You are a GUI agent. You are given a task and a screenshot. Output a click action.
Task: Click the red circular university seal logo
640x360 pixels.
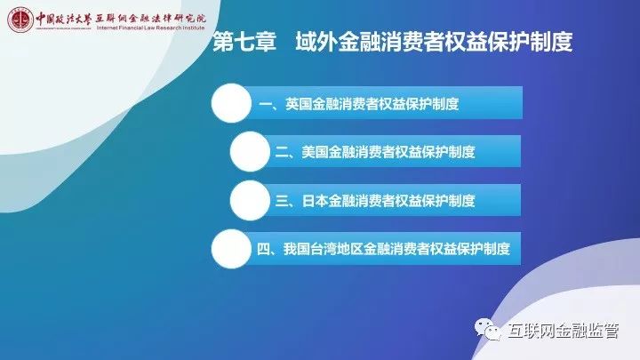tap(20, 20)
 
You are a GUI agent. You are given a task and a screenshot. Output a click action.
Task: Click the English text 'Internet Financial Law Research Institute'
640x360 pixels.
tap(150, 28)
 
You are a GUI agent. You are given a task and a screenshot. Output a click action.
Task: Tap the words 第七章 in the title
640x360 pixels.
tap(244, 42)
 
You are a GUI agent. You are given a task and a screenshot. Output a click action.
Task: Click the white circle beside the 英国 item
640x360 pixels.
tap(231, 103)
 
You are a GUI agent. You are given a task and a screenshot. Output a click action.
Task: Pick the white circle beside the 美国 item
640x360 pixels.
tap(250, 151)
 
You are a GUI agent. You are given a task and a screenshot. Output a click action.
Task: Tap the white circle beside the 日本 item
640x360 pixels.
tap(250, 200)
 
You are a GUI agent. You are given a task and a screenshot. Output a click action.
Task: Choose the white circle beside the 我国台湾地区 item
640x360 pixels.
tap(231, 249)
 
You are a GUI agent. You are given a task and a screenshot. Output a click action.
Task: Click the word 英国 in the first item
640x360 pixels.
tap(299, 104)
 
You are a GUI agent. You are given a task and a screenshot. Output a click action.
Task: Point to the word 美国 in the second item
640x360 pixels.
tap(315, 152)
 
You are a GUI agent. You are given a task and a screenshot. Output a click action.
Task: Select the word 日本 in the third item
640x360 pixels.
tap(315, 201)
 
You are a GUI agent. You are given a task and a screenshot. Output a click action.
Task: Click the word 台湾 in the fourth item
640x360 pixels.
tap(324, 249)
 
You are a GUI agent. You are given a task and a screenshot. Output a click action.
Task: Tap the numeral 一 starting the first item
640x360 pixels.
tap(265, 105)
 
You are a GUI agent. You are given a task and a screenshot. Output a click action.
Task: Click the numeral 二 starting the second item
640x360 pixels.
tap(282, 153)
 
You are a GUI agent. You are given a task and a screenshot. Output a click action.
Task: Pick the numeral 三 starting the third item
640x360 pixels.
tap(282, 201)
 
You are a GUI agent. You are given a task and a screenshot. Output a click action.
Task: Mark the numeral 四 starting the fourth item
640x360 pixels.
tap(263, 249)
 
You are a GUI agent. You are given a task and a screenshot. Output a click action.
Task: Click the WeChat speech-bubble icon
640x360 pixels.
tap(487, 329)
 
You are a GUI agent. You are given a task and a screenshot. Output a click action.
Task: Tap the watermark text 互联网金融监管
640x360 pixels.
tap(564, 331)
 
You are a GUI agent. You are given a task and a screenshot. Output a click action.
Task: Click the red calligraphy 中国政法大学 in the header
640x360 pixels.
tap(63, 19)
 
